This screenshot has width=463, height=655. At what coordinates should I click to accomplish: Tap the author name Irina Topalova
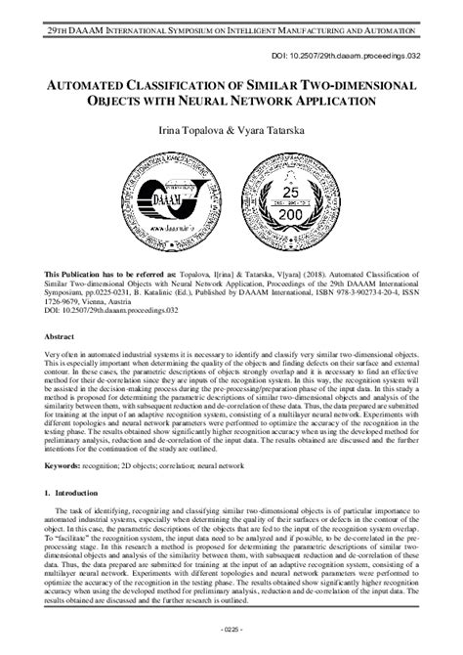click(x=185, y=130)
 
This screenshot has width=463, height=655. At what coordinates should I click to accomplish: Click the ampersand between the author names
click(x=231, y=130)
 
